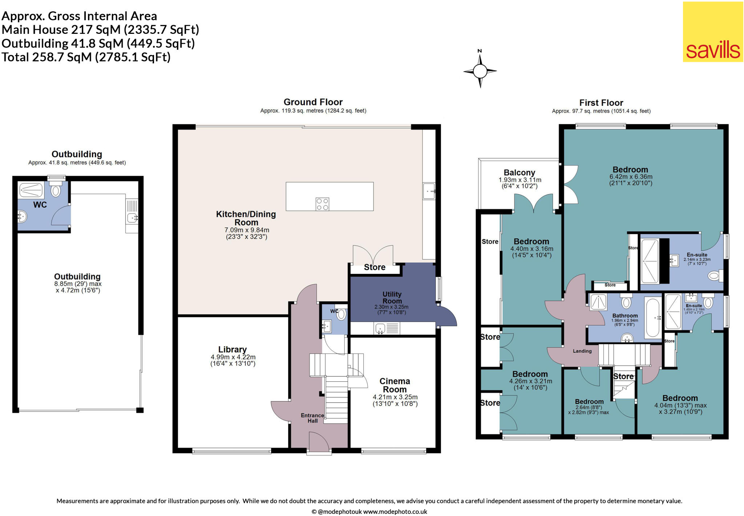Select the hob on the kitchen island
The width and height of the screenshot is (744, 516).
pos(322,204)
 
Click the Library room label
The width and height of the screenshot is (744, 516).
pos(232,349)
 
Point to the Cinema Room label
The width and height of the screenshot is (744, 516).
pos(395,385)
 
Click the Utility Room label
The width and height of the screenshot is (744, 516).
pos(392,297)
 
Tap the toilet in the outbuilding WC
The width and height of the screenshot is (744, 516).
pos(56,190)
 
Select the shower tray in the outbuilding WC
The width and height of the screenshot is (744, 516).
pos(31,190)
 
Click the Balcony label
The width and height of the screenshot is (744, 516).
pos(519,173)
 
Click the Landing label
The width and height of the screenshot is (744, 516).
pos(582,351)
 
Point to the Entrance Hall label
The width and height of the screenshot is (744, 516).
pos(312,418)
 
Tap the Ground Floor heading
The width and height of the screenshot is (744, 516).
pos(313,102)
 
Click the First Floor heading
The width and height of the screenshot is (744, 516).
pos(601,103)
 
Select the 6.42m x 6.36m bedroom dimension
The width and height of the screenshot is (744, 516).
pos(631,177)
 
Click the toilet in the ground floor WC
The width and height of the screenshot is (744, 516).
pos(341,314)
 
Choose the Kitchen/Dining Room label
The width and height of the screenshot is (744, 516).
pos(246,218)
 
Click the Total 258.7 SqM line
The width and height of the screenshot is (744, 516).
pos(86,57)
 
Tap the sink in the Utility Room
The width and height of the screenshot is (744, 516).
pos(380,329)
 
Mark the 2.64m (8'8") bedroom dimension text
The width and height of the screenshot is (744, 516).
pos(589,407)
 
